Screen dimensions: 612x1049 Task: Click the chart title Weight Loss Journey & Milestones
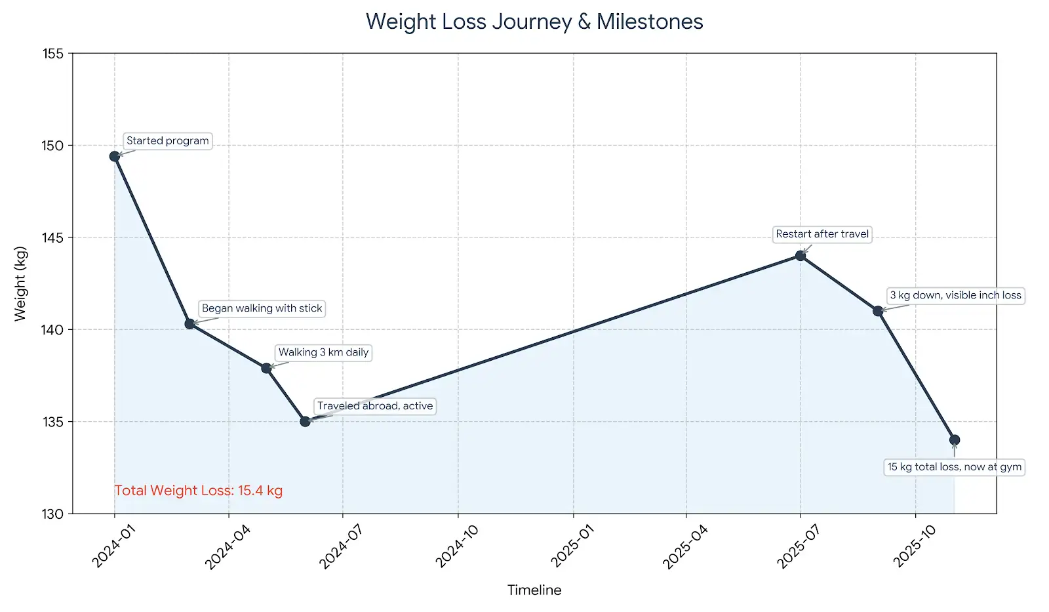click(534, 22)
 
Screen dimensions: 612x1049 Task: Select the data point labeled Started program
click(115, 156)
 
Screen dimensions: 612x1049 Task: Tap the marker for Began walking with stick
click(189, 323)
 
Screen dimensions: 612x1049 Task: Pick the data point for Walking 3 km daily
click(266, 368)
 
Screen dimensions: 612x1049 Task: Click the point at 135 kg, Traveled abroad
click(305, 421)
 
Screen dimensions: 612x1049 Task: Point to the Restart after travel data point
click(800, 256)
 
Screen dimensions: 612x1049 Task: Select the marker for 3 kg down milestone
click(878, 311)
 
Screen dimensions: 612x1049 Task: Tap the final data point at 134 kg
click(955, 439)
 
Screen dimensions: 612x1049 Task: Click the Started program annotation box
click(167, 141)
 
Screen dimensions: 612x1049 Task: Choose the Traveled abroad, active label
click(375, 406)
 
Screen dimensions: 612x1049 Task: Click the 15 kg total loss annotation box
click(954, 467)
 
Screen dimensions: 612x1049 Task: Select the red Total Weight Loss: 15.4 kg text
click(199, 491)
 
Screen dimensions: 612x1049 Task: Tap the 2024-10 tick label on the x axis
click(457, 546)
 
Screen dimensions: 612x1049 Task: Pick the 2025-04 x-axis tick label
click(685, 546)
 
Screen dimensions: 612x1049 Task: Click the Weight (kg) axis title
click(20, 283)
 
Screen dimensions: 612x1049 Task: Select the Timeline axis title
click(534, 590)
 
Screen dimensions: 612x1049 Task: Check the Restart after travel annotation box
click(822, 234)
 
